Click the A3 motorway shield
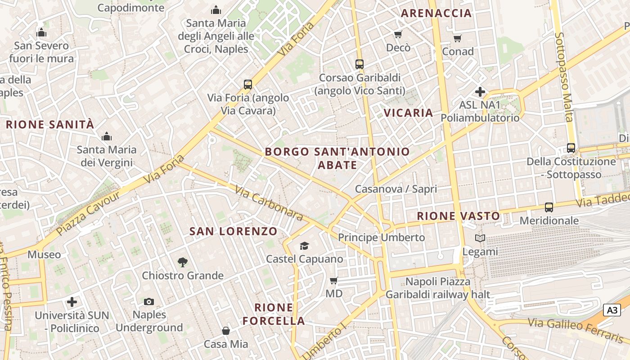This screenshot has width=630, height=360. [x=612, y=310]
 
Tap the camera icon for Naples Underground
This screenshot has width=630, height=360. [x=148, y=301]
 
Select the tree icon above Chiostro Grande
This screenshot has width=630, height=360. [x=182, y=262]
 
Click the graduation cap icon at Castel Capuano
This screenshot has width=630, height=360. [x=305, y=246]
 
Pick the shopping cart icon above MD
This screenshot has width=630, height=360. [x=333, y=281]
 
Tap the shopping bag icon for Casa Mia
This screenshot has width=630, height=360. [x=226, y=331]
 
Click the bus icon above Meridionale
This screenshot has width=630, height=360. [x=549, y=207]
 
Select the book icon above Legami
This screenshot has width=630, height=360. [x=480, y=238]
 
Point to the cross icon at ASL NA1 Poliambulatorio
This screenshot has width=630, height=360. [x=480, y=92]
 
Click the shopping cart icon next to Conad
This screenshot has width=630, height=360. [x=458, y=39]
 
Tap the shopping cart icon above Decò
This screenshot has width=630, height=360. [x=398, y=35]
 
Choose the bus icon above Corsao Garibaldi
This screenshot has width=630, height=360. [x=359, y=64]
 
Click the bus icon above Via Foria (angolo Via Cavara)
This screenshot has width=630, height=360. [x=247, y=84]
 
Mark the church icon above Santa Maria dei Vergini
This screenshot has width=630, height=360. [x=107, y=136]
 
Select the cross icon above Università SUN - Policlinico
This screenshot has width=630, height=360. [x=72, y=302]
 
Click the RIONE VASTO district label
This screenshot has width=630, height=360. [x=458, y=216]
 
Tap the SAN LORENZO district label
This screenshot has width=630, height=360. [x=233, y=231]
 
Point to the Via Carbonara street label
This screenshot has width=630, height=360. [x=269, y=204]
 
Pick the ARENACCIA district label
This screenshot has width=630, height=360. [x=436, y=13]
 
